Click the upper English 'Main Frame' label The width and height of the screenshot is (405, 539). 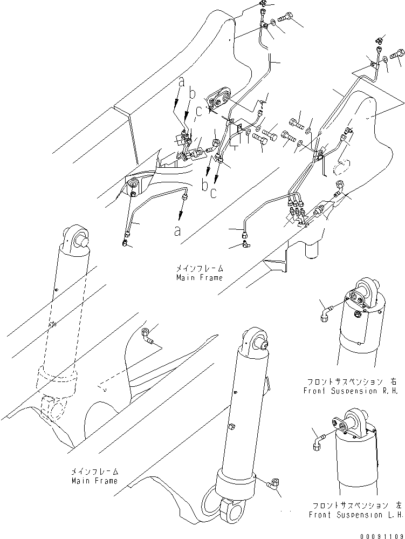[199, 277]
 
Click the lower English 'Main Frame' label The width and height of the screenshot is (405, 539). [94, 480]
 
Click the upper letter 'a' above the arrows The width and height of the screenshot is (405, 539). [181, 82]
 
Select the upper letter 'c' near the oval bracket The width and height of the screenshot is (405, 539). [199, 112]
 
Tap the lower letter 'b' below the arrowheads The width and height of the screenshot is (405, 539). [205, 186]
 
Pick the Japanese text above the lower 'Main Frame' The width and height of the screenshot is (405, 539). [94, 471]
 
